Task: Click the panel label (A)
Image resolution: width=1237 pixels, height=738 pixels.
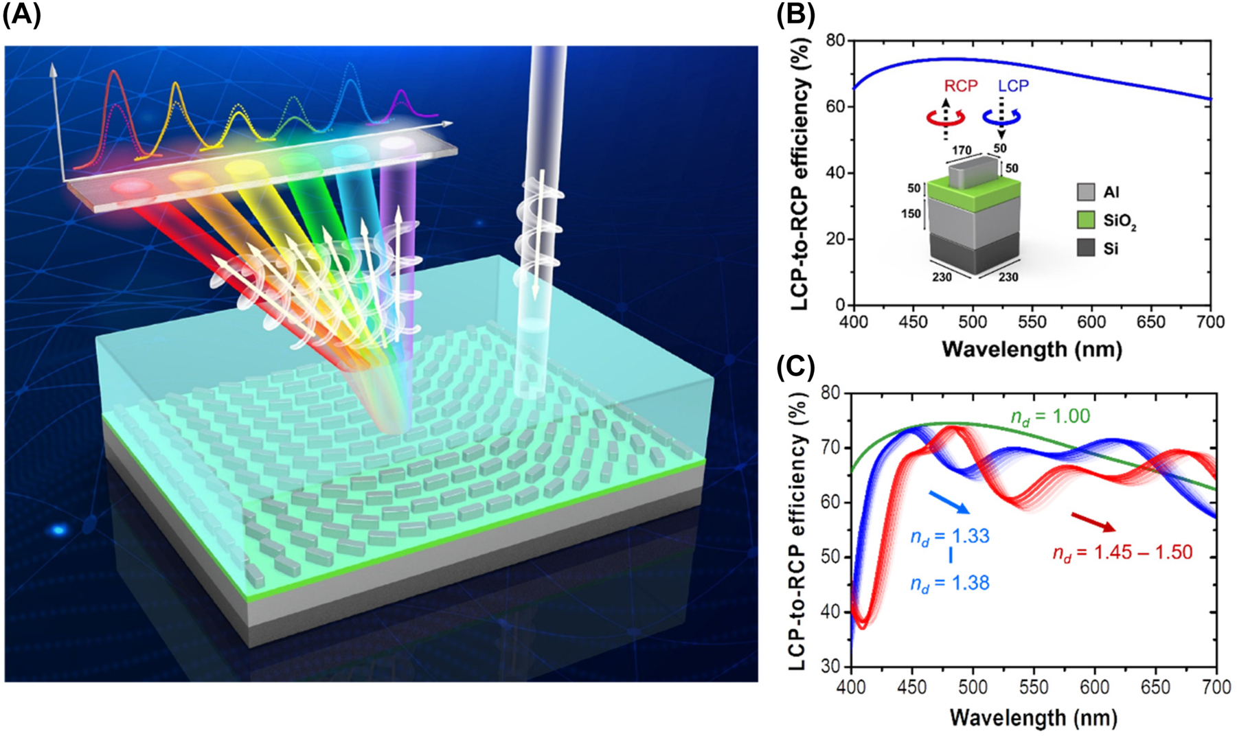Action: click(x=21, y=14)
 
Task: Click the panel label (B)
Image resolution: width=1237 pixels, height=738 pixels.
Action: click(x=795, y=14)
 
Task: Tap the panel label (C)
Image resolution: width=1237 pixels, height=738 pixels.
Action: click(x=795, y=369)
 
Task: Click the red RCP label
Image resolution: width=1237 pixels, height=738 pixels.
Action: click(x=960, y=87)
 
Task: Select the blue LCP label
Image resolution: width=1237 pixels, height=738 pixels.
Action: click(x=1013, y=87)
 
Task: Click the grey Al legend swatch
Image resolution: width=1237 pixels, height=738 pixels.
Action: click(x=1086, y=192)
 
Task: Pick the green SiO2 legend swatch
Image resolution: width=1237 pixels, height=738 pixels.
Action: click(x=1086, y=220)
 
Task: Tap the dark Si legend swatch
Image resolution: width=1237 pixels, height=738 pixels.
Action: click(x=1086, y=248)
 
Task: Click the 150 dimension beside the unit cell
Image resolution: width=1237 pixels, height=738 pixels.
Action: click(x=911, y=214)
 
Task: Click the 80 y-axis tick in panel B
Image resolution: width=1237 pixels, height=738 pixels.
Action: click(x=835, y=41)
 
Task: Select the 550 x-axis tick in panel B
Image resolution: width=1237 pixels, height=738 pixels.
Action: click(x=1032, y=322)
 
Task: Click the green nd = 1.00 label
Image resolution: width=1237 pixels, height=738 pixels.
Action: click(x=1050, y=417)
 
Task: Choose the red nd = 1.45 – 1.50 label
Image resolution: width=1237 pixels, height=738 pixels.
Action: click(x=1122, y=552)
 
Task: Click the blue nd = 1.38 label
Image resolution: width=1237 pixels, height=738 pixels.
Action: click(x=950, y=584)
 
